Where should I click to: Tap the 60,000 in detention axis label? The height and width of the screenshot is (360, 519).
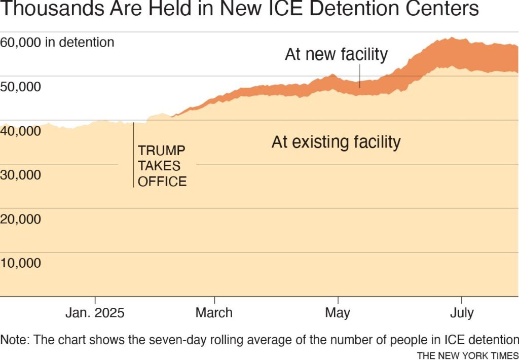(x=57, y=43)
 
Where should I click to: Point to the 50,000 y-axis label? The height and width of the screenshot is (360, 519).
(x=21, y=87)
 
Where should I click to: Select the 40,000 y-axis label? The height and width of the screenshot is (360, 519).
(x=21, y=131)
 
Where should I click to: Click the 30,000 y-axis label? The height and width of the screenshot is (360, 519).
(x=21, y=175)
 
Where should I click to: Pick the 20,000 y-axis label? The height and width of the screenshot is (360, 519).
(x=21, y=219)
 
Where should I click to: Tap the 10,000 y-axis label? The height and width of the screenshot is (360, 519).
(x=21, y=263)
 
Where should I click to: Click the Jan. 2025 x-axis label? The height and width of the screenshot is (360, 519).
(x=95, y=313)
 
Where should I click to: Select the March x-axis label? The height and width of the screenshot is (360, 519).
(x=214, y=313)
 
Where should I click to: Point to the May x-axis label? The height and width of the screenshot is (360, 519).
(x=338, y=313)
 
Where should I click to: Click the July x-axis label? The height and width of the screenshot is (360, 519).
(x=462, y=313)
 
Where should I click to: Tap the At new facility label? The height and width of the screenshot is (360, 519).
(x=336, y=55)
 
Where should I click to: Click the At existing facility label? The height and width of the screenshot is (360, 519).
(x=336, y=142)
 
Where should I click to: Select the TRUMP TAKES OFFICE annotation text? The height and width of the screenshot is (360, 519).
(x=162, y=166)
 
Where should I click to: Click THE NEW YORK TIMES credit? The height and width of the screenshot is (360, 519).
(x=467, y=355)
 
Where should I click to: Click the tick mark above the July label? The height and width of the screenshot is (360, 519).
(x=462, y=300)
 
